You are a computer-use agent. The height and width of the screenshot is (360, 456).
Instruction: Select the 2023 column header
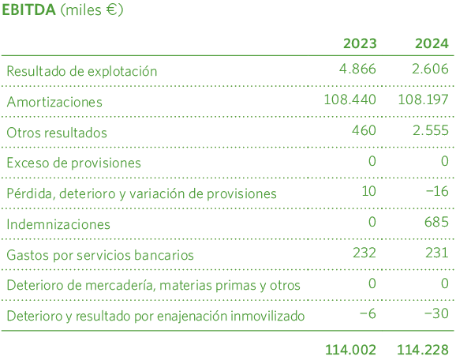pyautogui.click(x=359, y=43)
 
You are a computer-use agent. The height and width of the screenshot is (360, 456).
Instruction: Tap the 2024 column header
pyautogui.click(x=432, y=43)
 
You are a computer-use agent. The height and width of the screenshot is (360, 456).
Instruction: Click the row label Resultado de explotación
pyautogui.click(x=82, y=71)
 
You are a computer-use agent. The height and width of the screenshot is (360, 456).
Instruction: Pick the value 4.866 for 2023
pyautogui.click(x=357, y=69)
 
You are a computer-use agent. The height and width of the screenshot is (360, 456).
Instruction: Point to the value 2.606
pyautogui.click(x=431, y=69)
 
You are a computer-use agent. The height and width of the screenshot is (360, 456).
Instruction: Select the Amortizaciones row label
pyautogui.click(x=54, y=102)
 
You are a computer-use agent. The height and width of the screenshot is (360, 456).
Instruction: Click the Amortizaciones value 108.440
pyautogui.click(x=349, y=100)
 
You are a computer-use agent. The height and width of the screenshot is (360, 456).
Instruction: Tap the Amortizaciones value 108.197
pyautogui.click(x=424, y=100)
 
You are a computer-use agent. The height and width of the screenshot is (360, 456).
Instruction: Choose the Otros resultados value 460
pyautogui.click(x=364, y=131)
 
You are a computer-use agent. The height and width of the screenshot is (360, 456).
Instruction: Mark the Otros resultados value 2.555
pyautogui.click(x=431, y=131)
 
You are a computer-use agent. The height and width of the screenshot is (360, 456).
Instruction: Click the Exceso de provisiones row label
pyautogui.click(x=73, y=163)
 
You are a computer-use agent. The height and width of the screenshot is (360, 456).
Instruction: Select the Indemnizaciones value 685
pyautogui.click(x=436, y=223)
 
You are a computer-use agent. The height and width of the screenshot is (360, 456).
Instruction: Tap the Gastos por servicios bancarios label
pyautogui.click(x=100, y=255)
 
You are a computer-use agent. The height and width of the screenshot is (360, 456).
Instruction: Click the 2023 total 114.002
pyautogui.click(x=350, y=350)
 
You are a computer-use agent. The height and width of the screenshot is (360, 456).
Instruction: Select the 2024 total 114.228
pyautogui.click(x=424, y=350)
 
